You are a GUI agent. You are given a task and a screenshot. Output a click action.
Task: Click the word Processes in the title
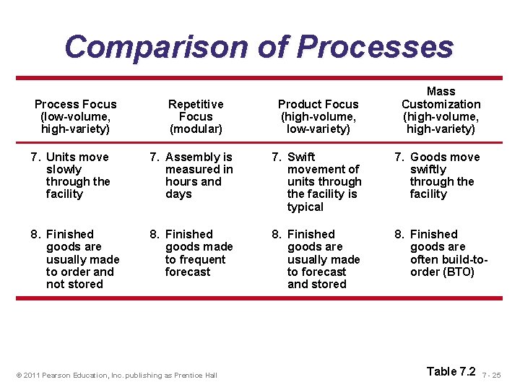[x=375, y=47]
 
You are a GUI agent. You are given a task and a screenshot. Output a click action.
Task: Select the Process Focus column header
[x=75, y=116]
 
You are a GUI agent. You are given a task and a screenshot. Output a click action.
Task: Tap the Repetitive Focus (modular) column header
[x=196, y=116]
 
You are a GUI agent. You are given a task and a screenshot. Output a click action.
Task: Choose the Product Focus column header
[x=318, y=116]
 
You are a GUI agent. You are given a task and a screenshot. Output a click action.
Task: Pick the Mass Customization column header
[x=441, y=110]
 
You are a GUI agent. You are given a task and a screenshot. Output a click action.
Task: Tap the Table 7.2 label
[x=451, y=371]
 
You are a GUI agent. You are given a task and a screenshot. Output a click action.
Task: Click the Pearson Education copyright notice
[x=117, y=375]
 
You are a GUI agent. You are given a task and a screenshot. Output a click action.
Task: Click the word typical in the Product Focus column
[x=305, y=207]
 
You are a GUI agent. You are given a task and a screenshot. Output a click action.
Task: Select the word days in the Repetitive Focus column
[x=178, y=194]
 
